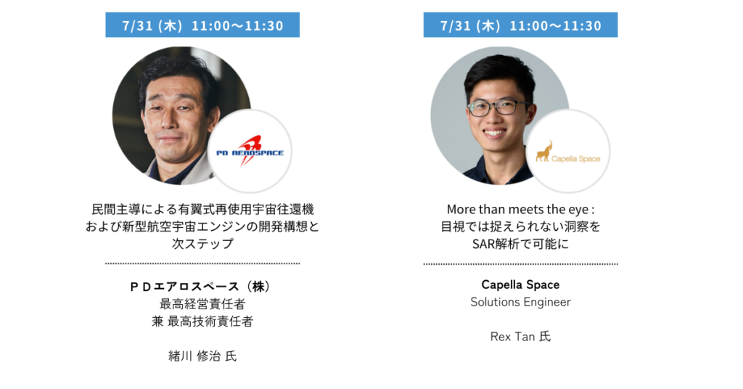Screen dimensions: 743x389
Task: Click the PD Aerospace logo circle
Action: pyautogui.click(x=250, y=151)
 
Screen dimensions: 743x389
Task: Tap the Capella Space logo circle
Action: pyautogui.click(x=568, y=151)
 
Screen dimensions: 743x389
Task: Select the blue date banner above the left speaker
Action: pyautogui.click(x=202, y=25)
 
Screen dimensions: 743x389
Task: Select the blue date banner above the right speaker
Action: pyautogui.click(x=520, y=25)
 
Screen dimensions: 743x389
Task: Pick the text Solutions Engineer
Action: pyautogui.click(x=520, y=303)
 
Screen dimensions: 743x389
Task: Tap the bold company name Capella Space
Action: pyautogui.click(x=520, y=284)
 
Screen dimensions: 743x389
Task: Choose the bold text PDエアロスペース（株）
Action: pyautogui.click(x=202, y=287)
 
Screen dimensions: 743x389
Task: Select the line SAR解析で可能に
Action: pyautogui.click(x=520, y=244)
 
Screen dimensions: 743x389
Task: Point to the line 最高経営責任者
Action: pyautogui.click(x=202, y=303)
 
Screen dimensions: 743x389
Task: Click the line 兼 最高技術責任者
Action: pyautogui.click(x=202, y=322)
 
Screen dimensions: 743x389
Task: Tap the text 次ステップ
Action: pyautogui.click(x=202, y=244)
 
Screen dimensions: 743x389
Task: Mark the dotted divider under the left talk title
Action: pyautogui.click(x=202, y=263)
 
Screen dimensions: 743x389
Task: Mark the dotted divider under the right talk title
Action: pyautogui.click(x=520, y=264)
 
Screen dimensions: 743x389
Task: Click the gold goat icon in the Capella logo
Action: pyautogui.click(x=543, y=152)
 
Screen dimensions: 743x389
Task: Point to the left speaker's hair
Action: pyautogui.click(x=179, y=71)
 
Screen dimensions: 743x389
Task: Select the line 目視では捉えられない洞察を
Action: pyautogui.click(x=520, y=226)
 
